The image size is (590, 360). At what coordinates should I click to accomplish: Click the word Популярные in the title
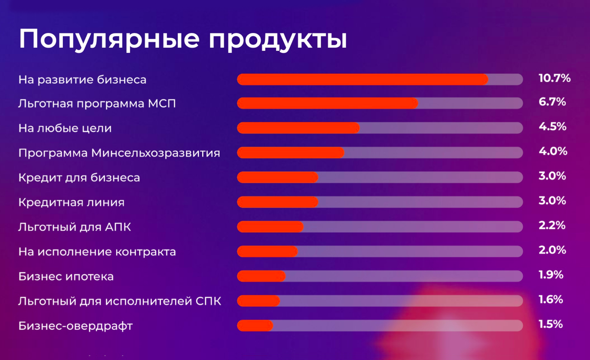click(x=109, y=39)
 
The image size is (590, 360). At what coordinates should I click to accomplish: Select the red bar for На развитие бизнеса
click(x=362, y=79)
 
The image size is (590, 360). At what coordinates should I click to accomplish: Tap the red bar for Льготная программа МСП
click(x=328, y=103)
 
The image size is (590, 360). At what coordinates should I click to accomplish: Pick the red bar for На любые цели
click(x=298, y=128)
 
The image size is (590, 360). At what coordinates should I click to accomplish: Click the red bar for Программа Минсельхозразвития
click(x=291, y=153)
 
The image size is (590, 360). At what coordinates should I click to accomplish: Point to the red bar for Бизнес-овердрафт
click(x=255, y=326)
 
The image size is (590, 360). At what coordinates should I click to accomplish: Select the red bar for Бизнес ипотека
click(x=261, y=276)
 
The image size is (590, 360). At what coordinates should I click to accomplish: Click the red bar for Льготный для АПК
click(x=270, y=227)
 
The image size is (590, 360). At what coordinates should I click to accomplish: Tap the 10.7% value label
click(x=554, y=78)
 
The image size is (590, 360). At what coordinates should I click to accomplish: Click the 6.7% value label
click(x=552, y=101)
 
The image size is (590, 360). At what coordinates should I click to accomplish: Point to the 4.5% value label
click(x=552, y=127)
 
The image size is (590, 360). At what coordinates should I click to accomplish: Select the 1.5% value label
click(x=551, y=324)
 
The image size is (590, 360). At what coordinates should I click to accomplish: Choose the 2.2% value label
click(x=552, y=226)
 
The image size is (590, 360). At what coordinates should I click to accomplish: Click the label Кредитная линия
click(x=72, y=203)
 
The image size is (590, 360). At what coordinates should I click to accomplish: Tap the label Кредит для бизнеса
click(x=79, y=177)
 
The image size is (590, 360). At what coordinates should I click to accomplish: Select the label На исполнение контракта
click(x=97, y=252)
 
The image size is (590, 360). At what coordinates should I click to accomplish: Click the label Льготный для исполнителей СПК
click(x=120, y=301)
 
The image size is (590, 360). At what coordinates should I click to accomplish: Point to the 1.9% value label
click(x=551, y=275)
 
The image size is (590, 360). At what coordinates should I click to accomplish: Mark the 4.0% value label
click(x=553, y=151)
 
